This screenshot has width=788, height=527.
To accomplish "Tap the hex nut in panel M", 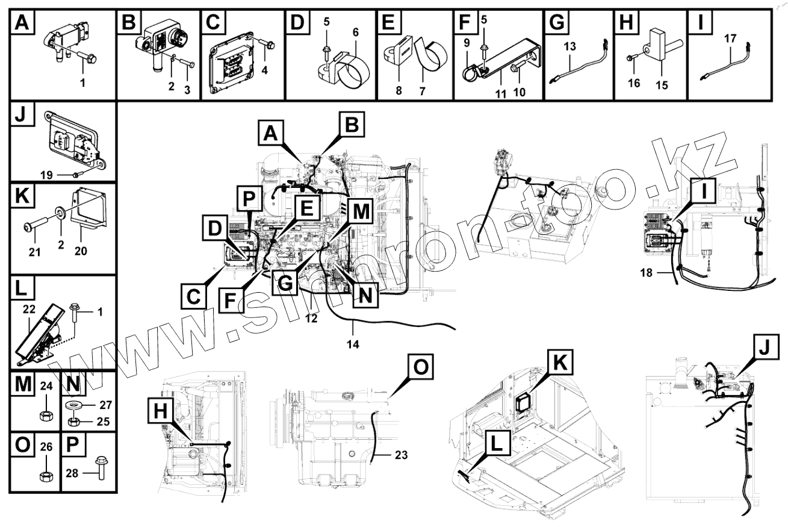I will [43, 415].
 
